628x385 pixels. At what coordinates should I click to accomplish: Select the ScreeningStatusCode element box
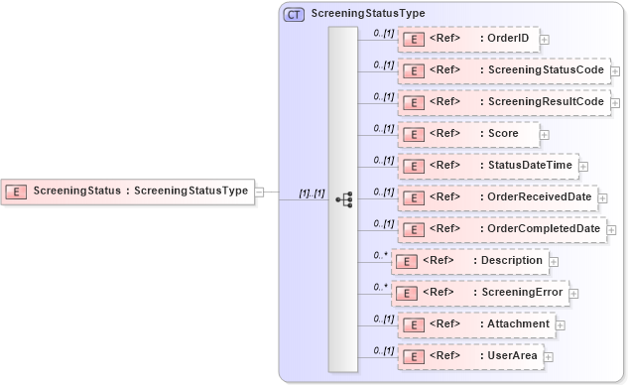(503, 70)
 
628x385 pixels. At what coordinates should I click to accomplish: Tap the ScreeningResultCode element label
(542, 102)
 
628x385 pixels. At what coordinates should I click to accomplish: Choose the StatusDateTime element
(487, 166)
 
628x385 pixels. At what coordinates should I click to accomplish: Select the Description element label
(511, 261)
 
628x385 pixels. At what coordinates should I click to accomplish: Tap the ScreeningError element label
(521, 293)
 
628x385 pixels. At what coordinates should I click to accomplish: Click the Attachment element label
(518, 324)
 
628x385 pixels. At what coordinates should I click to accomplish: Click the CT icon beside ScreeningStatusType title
(295, 15)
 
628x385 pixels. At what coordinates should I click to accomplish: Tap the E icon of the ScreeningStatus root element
(16, 192)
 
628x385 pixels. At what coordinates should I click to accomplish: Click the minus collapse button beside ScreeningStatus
(259, 192)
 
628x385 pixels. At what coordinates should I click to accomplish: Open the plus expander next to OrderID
(544, 40)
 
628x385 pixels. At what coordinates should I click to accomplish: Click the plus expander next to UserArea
(548, 357)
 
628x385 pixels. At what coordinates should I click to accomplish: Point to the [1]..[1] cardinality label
(312, 193)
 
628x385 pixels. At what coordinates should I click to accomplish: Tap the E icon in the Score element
(413, 134)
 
